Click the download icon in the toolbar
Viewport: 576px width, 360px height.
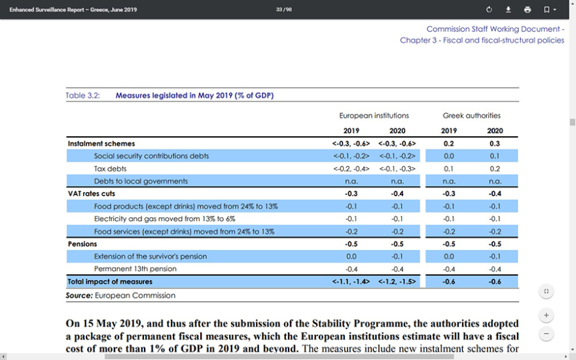(x=508, y=10)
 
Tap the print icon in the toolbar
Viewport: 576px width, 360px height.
(x=528, y=10)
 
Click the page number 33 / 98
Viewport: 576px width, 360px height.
(x=284, y=10)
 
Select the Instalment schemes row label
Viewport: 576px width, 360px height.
(x=101, y=143)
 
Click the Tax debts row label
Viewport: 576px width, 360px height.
(x=110, y=168)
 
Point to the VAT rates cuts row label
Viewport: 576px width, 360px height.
(x=91, y=194)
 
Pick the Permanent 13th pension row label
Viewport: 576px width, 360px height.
(x=135, y=269)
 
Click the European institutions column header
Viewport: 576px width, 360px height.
(x=374, y=116)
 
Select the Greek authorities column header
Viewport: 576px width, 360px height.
(x=471, y=116)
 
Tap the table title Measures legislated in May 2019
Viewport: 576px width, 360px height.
(x=194, y=96)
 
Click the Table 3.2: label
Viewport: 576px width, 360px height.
(x=82, y=96)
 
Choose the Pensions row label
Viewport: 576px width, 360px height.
(x=82, y=244)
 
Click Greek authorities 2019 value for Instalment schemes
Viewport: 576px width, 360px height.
(x=448, y=143)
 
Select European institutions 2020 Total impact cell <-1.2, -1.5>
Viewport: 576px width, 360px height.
(x=397, y=281)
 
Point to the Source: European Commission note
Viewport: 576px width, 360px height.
(x=120, y=296)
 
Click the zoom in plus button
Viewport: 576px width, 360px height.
(x=547, y=315)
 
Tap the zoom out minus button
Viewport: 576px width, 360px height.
(x=547, y=334)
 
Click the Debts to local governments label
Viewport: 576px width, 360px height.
(x=141, y=181)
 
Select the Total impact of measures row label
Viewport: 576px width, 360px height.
(x=110, y=281)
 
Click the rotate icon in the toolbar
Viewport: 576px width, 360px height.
(x=489, y=10)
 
